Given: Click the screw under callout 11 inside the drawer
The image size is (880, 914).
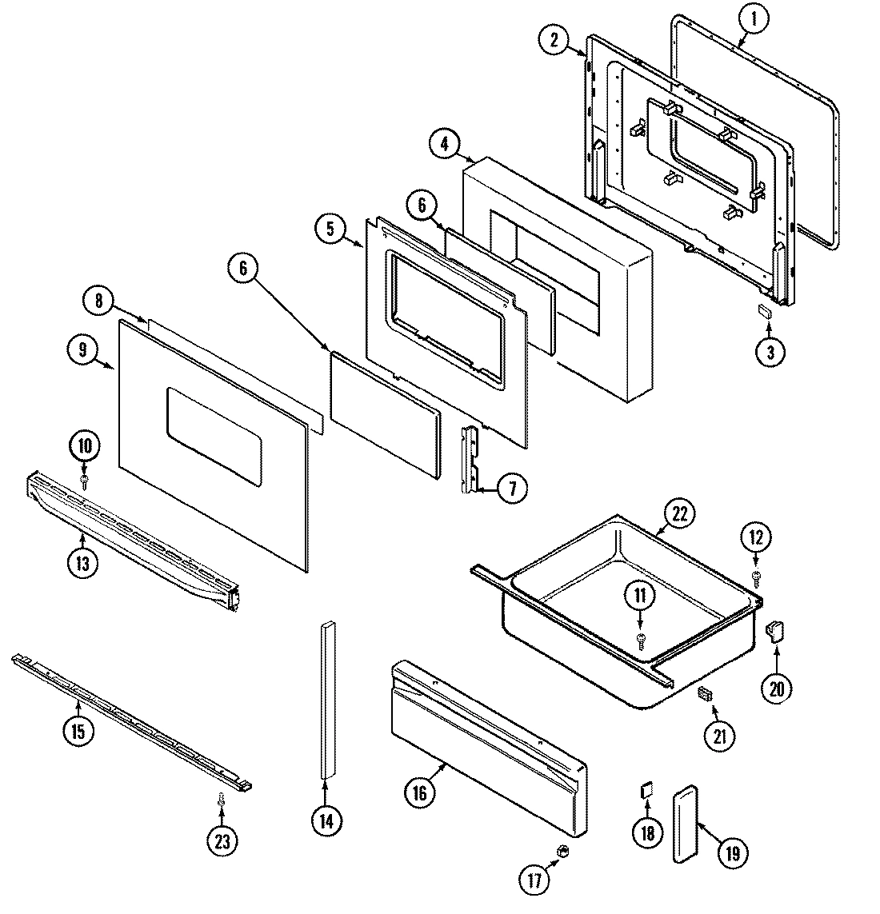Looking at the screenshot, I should [640, 637].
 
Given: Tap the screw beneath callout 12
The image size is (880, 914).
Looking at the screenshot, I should [757, 575].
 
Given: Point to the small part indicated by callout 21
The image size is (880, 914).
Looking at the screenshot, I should [705, 693].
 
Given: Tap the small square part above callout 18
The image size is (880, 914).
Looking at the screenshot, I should [646, 791].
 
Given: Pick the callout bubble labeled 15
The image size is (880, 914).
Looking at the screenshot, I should [78, 729].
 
